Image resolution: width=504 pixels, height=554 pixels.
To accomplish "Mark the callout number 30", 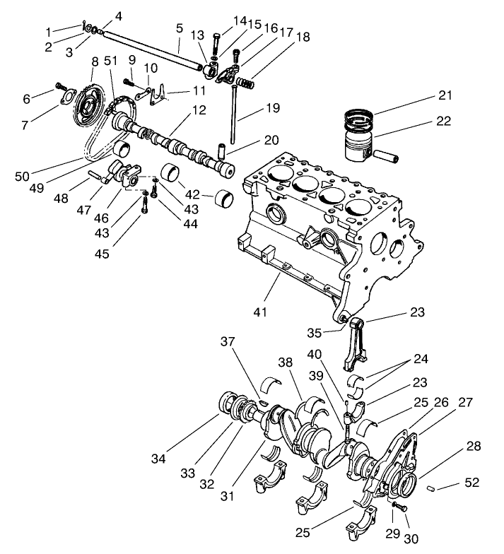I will pyautogui.click(x=411, y=538).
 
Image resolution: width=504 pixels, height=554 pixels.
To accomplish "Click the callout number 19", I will pyautogui.click(x=272, y=108).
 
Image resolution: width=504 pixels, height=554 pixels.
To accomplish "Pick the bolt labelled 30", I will pyautogui.click(x=399, y=507).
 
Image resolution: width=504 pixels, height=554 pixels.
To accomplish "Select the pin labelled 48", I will pyautogui.click(x=97, y=175).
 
